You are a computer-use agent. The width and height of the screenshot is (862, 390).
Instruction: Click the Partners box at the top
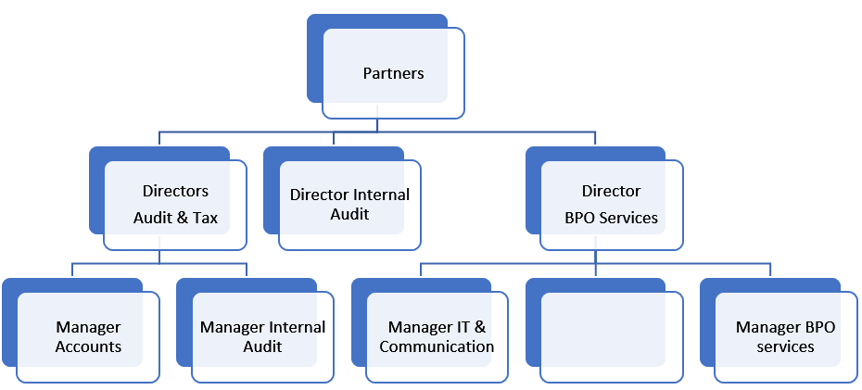click(x=393, y=73)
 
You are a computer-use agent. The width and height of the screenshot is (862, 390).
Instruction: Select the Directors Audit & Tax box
click(x=175, y=205)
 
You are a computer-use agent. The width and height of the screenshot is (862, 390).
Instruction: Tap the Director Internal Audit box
click(x=349, y=205)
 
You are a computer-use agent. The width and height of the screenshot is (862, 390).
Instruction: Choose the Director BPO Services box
click(x=612, y=205)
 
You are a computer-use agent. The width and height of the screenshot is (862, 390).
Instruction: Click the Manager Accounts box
click(x=88, y=337)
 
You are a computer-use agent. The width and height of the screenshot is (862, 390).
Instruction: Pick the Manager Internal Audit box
click(x=262, y=337)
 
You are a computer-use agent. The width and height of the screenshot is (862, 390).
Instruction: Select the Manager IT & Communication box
click(x=437, y=337)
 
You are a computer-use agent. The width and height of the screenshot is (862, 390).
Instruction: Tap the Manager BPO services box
click(x=786, y=337)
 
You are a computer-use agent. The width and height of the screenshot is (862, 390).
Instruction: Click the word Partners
click(x=393, y=73)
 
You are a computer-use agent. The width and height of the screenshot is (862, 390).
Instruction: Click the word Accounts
click(x=88, y=346)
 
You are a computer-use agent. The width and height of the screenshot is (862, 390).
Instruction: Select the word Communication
click(x=437, y=346)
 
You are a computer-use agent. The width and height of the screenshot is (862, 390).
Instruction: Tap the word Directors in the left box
click(x=175, y=192)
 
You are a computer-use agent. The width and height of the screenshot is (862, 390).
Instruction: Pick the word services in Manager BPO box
click(x=785, y=346)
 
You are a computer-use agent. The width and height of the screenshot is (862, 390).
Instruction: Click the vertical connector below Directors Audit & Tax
click(x=159, y=257)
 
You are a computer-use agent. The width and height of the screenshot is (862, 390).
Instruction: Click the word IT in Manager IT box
click(x=463, y=328)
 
